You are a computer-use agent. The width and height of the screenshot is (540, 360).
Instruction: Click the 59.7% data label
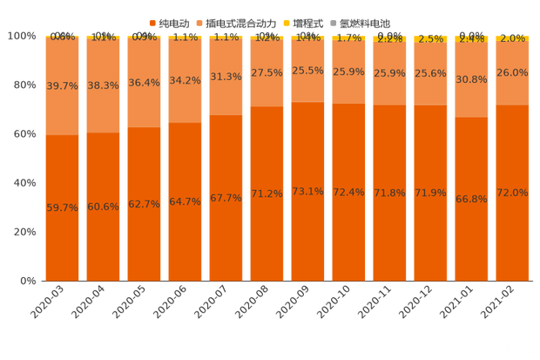point(62,208)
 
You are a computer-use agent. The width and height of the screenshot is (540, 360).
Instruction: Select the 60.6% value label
point(103,207)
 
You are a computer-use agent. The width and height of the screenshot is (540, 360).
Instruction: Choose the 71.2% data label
point(267,194)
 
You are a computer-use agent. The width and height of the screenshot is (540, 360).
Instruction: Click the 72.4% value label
point(348,192)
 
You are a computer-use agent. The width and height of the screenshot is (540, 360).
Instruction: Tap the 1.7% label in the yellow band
point(348,38)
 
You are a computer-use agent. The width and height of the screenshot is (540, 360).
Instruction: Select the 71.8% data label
point(389,193)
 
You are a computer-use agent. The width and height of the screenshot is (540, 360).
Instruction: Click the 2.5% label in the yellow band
point(430,39)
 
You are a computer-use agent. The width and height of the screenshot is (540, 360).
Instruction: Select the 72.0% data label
point(512,192)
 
